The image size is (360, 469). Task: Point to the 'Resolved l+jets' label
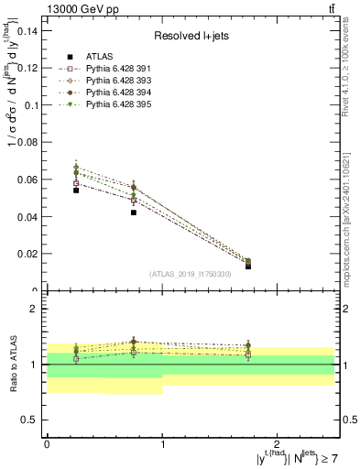190,36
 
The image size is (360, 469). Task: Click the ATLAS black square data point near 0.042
134,213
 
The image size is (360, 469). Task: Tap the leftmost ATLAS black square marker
76,191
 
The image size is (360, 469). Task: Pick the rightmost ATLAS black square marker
248,266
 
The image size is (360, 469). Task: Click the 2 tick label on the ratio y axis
35,309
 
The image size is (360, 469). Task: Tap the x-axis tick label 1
162,443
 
